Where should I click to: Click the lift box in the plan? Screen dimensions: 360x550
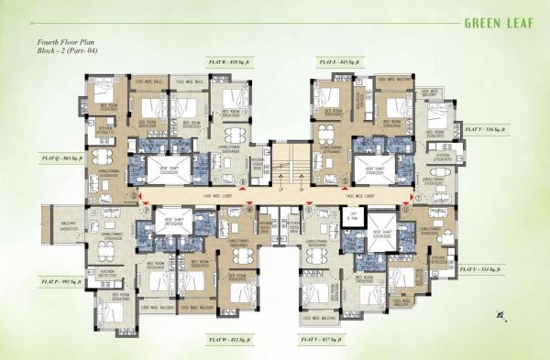[353, 219]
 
